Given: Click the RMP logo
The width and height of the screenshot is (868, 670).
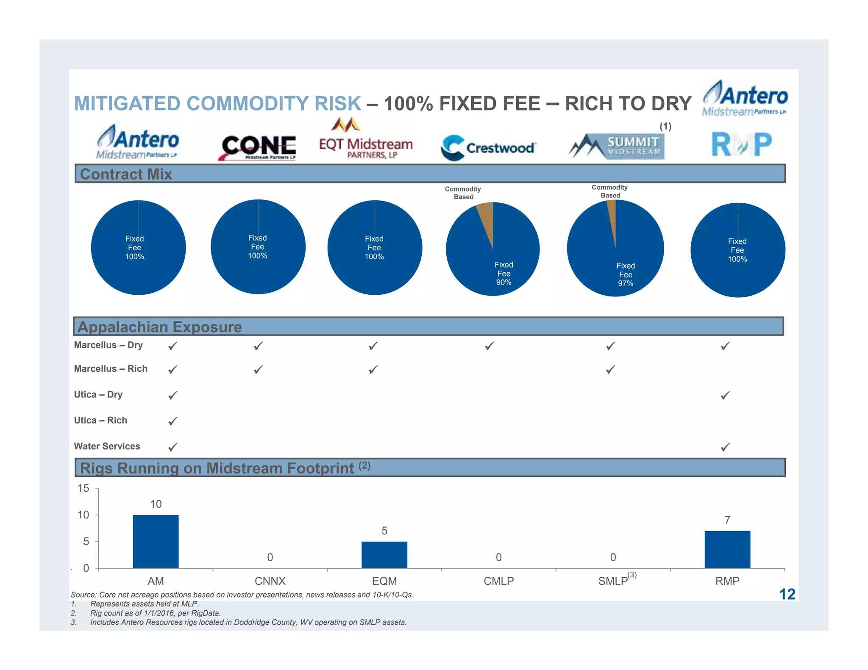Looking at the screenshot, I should tap(742, 144).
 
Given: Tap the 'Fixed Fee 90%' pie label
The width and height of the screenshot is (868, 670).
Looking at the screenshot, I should tap(504, 274).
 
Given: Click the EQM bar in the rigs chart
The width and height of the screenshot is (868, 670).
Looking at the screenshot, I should tap(384, 554).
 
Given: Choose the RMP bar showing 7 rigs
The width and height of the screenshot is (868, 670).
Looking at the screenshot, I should tap(727, 549).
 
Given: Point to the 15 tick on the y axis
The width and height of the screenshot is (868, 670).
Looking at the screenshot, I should tap(83, 488).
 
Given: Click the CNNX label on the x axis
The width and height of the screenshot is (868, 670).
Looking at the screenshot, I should tap(270, 581).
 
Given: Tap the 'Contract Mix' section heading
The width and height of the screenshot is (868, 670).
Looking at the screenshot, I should tap(126, 174).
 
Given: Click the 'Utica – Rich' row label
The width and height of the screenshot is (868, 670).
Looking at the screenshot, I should tap(100, 420).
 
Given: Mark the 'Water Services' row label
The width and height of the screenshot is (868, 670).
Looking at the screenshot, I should tap(107, 446).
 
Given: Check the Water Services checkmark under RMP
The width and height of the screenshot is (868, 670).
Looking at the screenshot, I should tap(725, 447).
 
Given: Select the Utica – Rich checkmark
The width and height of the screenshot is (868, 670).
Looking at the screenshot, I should tap(172, 421).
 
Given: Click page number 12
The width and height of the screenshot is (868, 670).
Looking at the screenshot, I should tap(787, 594).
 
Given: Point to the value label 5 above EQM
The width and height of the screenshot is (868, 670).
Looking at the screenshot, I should tap(384, 531).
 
